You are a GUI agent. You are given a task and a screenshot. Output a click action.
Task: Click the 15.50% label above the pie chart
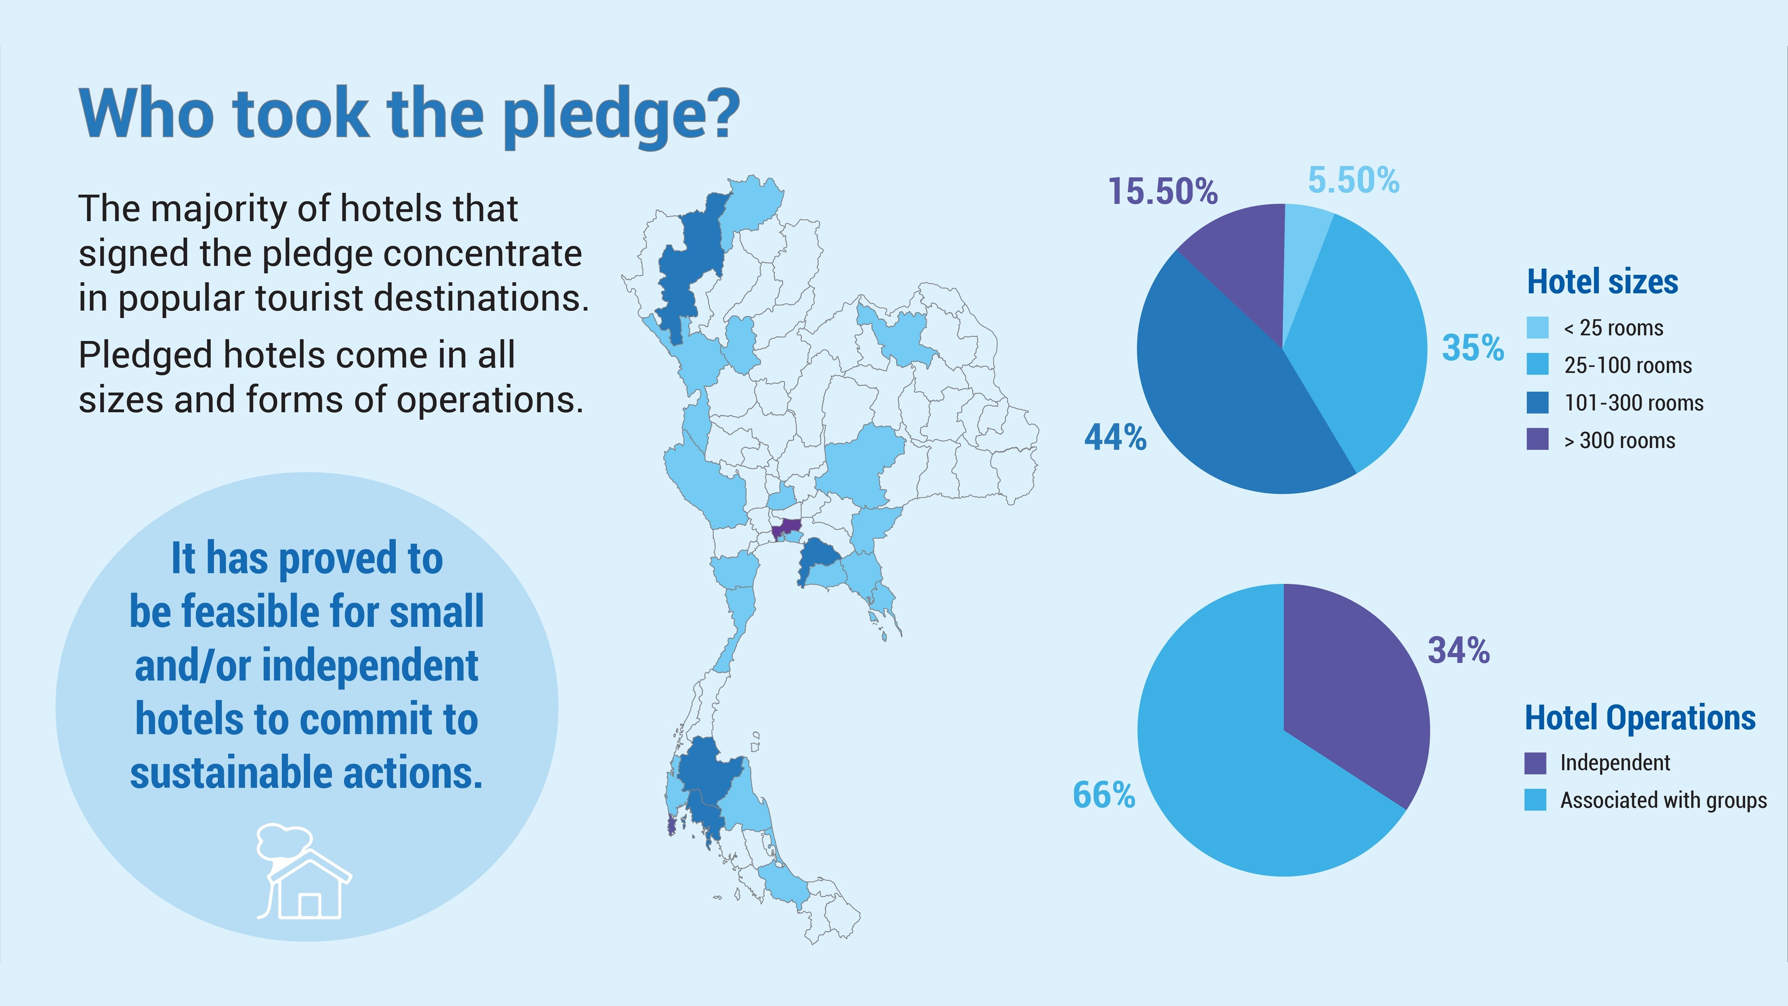click(x=1163, y=191)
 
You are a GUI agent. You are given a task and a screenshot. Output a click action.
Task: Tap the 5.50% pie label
click(x=1354, y=181)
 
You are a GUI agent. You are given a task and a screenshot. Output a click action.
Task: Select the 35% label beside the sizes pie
click(x=1473, y=348)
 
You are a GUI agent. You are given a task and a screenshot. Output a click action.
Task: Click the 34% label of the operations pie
click(x=1458, y=651)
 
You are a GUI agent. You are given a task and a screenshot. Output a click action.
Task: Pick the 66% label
click(x=1104, y=795)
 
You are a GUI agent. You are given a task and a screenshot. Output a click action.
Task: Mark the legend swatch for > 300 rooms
click(x=1537, y=440)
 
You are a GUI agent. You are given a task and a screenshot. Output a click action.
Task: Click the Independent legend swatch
click(x=1535, y=763)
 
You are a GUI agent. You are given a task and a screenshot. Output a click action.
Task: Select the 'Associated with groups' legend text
click(x=1663, y=801)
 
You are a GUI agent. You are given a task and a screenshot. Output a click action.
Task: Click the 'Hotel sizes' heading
click(x=1602, y=282)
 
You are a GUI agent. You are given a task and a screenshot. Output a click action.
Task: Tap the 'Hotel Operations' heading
click(x=1639, y=718)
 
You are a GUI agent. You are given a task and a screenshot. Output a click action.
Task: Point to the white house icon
click(x=305, y=875)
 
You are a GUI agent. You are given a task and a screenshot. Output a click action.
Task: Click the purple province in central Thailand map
click(x=786, y=528)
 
